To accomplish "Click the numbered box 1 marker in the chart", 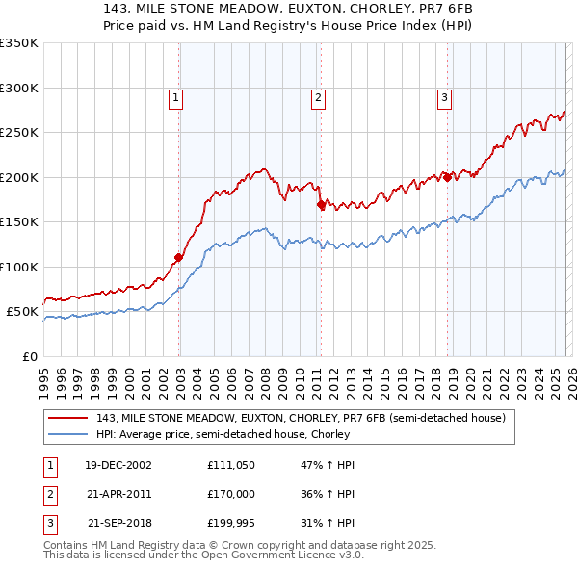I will click(x=177, y=96).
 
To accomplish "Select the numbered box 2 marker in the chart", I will click(x=318, y=96).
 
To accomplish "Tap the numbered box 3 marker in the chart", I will click(x=444, y=96).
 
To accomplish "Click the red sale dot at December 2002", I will click(x=179, y=257).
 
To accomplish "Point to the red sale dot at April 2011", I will click(x=321, y=204).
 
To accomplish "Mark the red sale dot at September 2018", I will click(x=447, y=177).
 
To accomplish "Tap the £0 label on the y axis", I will click(x=29, y=356).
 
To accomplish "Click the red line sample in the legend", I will click(x=68, y=417).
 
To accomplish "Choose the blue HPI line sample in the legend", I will click(x=68, y=434).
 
